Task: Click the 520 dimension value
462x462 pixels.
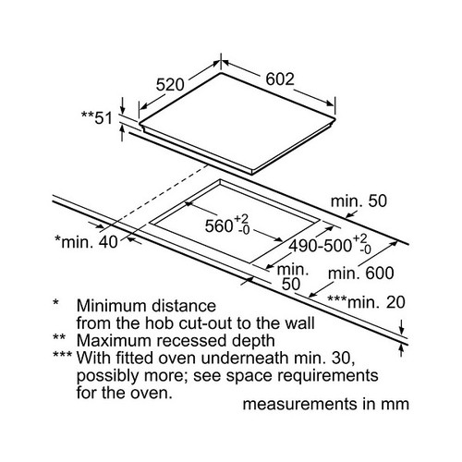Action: pos(170,84)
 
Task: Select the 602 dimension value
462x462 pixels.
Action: pos(280,79)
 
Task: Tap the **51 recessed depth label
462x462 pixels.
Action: pos(97,117)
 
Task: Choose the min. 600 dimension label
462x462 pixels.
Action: pos(361,274)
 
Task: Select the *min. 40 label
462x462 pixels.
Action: pos(86,242)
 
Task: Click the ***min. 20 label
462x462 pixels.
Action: pos(366,302)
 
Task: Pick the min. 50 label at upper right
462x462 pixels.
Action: pos(359,201)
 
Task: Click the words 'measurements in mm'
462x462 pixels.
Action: pos(326,404)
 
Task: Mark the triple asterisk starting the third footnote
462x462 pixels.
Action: pos(63,355)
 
